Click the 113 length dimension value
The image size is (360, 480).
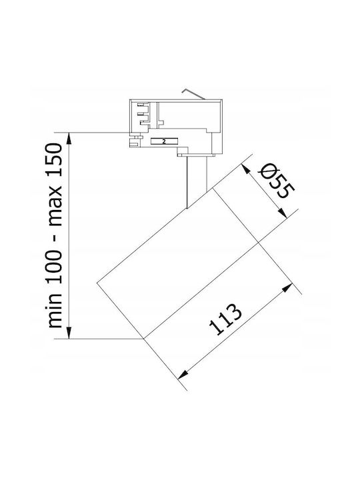coord(225,319)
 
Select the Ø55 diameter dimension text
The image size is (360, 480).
coord(276,181)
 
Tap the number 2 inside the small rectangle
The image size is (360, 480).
coord(164,141)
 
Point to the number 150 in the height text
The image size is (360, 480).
coord(55,160)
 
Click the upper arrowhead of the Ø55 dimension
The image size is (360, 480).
coord(245,169)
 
